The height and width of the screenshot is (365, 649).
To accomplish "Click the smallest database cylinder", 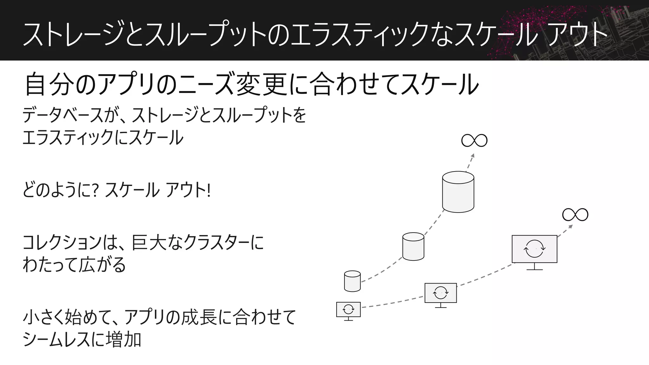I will click(x=352, y=281).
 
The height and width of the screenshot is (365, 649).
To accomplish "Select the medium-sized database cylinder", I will click(x=413, y=247).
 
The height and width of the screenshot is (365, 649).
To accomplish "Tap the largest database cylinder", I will click(x=458, y=192).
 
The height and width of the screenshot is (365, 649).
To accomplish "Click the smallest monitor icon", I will click(x=348, y=310).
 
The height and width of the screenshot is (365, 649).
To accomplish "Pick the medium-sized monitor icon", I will click(x=440, y=293).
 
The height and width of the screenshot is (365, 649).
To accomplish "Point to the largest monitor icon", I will click(x=535, y=249).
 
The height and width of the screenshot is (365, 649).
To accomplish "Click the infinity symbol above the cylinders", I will click(x=474, y=140).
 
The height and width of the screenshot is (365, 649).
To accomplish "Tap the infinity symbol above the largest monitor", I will click(x=575, y=215).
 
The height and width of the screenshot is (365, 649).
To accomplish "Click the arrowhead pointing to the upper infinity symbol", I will click(x=472, y=156).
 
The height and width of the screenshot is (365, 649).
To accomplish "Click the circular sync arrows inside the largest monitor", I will click(x=535, y=249).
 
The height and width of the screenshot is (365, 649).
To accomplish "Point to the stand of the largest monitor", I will click(x=535, y=267).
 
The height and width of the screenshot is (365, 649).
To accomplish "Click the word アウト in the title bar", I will click(x=577, y=34).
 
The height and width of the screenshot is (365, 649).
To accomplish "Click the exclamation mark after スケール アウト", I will click(x=208, y=190).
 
